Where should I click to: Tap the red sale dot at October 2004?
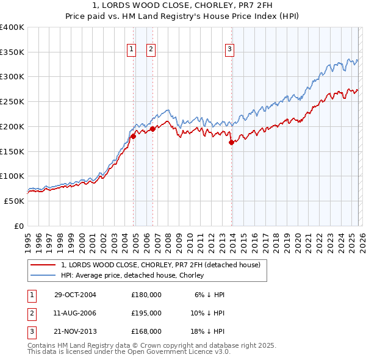(133, 137)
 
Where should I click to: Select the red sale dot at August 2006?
(152, 129)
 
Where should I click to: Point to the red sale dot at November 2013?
(231, 143)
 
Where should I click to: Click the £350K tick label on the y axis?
(12, 52)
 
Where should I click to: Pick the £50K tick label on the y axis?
(14, 201)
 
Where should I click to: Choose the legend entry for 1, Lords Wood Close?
(160, 265)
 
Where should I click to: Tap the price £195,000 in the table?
(146, 313)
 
